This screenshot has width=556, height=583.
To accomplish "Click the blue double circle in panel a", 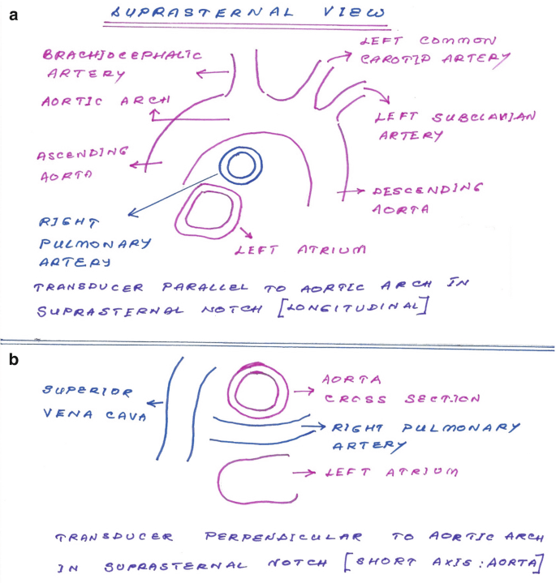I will click(241, 167).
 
